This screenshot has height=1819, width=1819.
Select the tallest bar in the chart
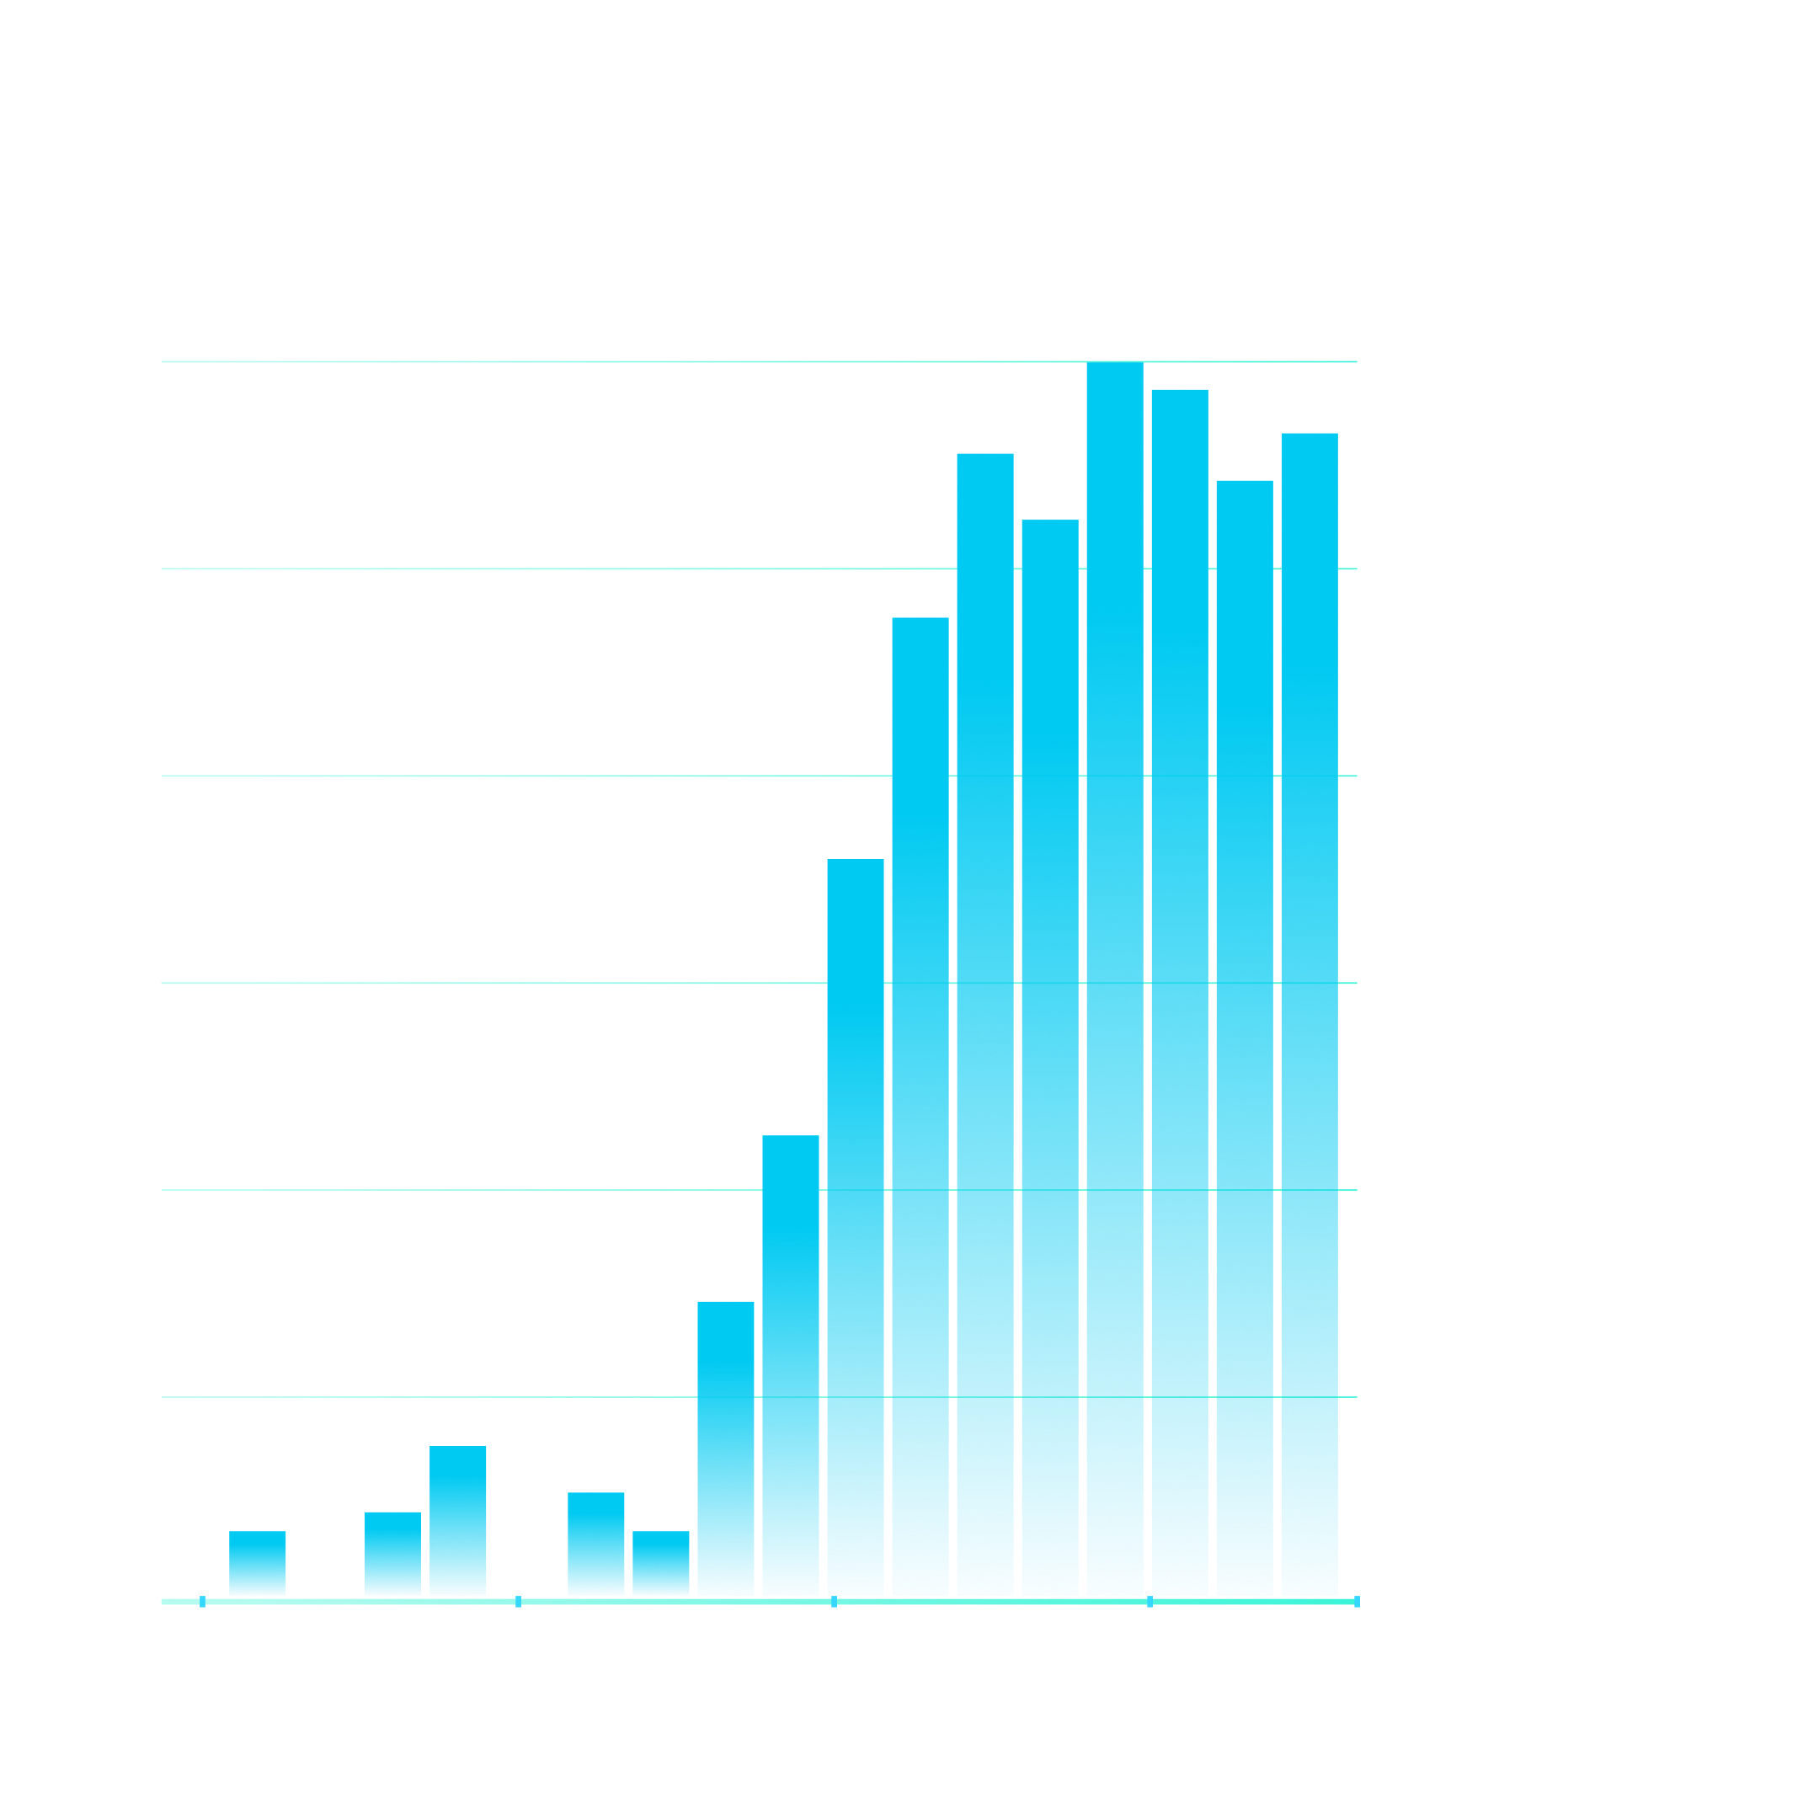[x=1115, y=979]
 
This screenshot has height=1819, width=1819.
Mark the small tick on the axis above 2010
[x=835, y=1602]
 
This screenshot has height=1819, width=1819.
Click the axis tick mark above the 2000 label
[x=519, y=1602]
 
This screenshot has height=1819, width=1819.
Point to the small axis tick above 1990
[x=202, y=1602]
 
